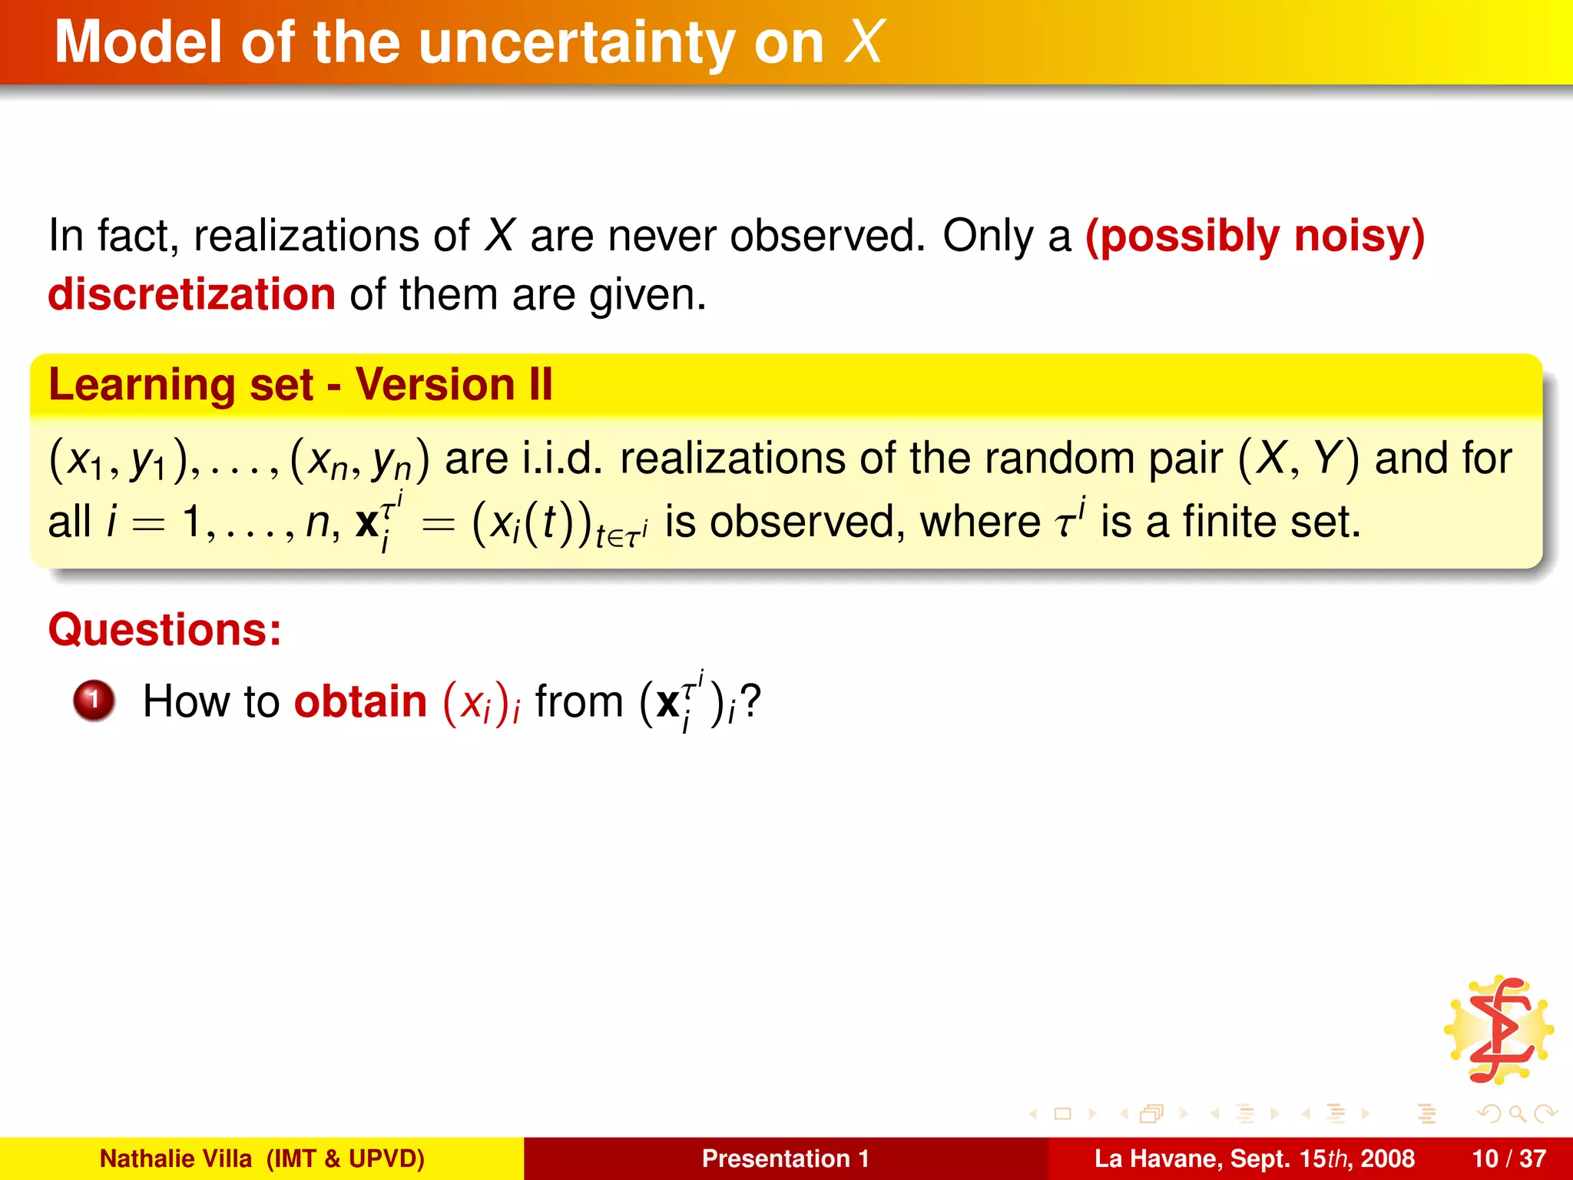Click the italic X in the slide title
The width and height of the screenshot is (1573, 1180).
coord(864,42)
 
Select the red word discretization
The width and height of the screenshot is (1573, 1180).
coord(192,294)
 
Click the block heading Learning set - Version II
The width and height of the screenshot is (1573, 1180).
coord(300,384)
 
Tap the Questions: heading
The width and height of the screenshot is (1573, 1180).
coord(165,630)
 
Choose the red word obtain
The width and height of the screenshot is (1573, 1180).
coord(360,701)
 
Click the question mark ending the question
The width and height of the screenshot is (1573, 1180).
coord(750,701)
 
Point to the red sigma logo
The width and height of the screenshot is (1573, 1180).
coord(1498,1030)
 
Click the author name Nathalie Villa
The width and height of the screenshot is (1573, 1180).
coord(176,1158)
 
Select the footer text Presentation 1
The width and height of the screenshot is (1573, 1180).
coord(785,1158)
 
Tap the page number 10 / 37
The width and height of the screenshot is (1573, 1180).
coord(1508,1158)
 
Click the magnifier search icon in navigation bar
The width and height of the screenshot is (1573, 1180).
coord(1517,1113)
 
